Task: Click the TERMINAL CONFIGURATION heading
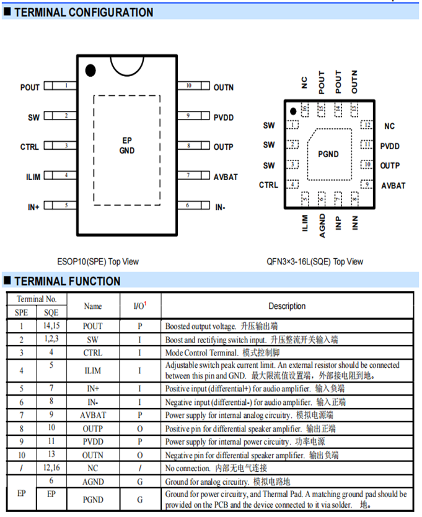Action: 83,12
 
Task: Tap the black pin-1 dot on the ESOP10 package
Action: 90,70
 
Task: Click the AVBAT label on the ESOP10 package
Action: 226,177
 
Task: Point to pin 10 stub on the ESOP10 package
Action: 188,86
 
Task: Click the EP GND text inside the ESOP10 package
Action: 127,146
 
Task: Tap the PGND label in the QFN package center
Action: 328,154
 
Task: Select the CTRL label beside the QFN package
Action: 268,185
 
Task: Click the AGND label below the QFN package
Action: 322,225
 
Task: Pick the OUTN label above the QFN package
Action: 354,82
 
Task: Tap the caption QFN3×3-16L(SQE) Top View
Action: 319,261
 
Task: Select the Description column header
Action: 287,306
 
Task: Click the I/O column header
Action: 140,306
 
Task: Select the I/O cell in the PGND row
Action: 140,499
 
